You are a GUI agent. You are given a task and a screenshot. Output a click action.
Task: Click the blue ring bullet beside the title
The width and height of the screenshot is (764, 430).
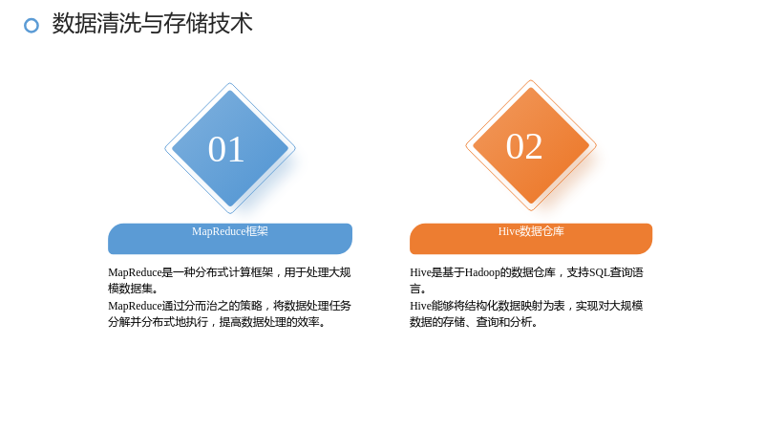(32, 26)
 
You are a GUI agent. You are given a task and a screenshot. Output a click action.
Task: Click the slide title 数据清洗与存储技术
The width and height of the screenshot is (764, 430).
(153, 23)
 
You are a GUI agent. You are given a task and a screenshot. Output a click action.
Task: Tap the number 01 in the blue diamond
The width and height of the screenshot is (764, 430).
(226, 149)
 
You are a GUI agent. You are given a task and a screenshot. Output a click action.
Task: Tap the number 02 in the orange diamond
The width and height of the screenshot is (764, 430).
(524, 146)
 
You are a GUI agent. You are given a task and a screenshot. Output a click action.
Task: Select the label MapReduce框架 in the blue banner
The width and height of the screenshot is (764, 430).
(230, 231)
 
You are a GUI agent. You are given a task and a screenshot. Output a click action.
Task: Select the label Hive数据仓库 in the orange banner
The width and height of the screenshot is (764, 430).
(531, 231)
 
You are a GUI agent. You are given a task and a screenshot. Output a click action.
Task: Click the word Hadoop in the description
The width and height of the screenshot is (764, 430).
(482, 272)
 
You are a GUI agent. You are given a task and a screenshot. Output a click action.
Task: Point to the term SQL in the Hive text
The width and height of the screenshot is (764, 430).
(600, 272)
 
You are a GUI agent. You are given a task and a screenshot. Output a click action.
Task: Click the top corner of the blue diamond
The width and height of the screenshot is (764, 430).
(229, 83)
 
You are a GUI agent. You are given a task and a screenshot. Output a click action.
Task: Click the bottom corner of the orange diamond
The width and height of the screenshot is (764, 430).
(531, 210)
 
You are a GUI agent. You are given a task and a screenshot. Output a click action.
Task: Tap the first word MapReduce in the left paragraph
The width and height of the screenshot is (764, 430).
(135, 272)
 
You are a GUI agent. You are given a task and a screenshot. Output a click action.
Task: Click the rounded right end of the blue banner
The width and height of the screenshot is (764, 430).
(347, 239)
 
